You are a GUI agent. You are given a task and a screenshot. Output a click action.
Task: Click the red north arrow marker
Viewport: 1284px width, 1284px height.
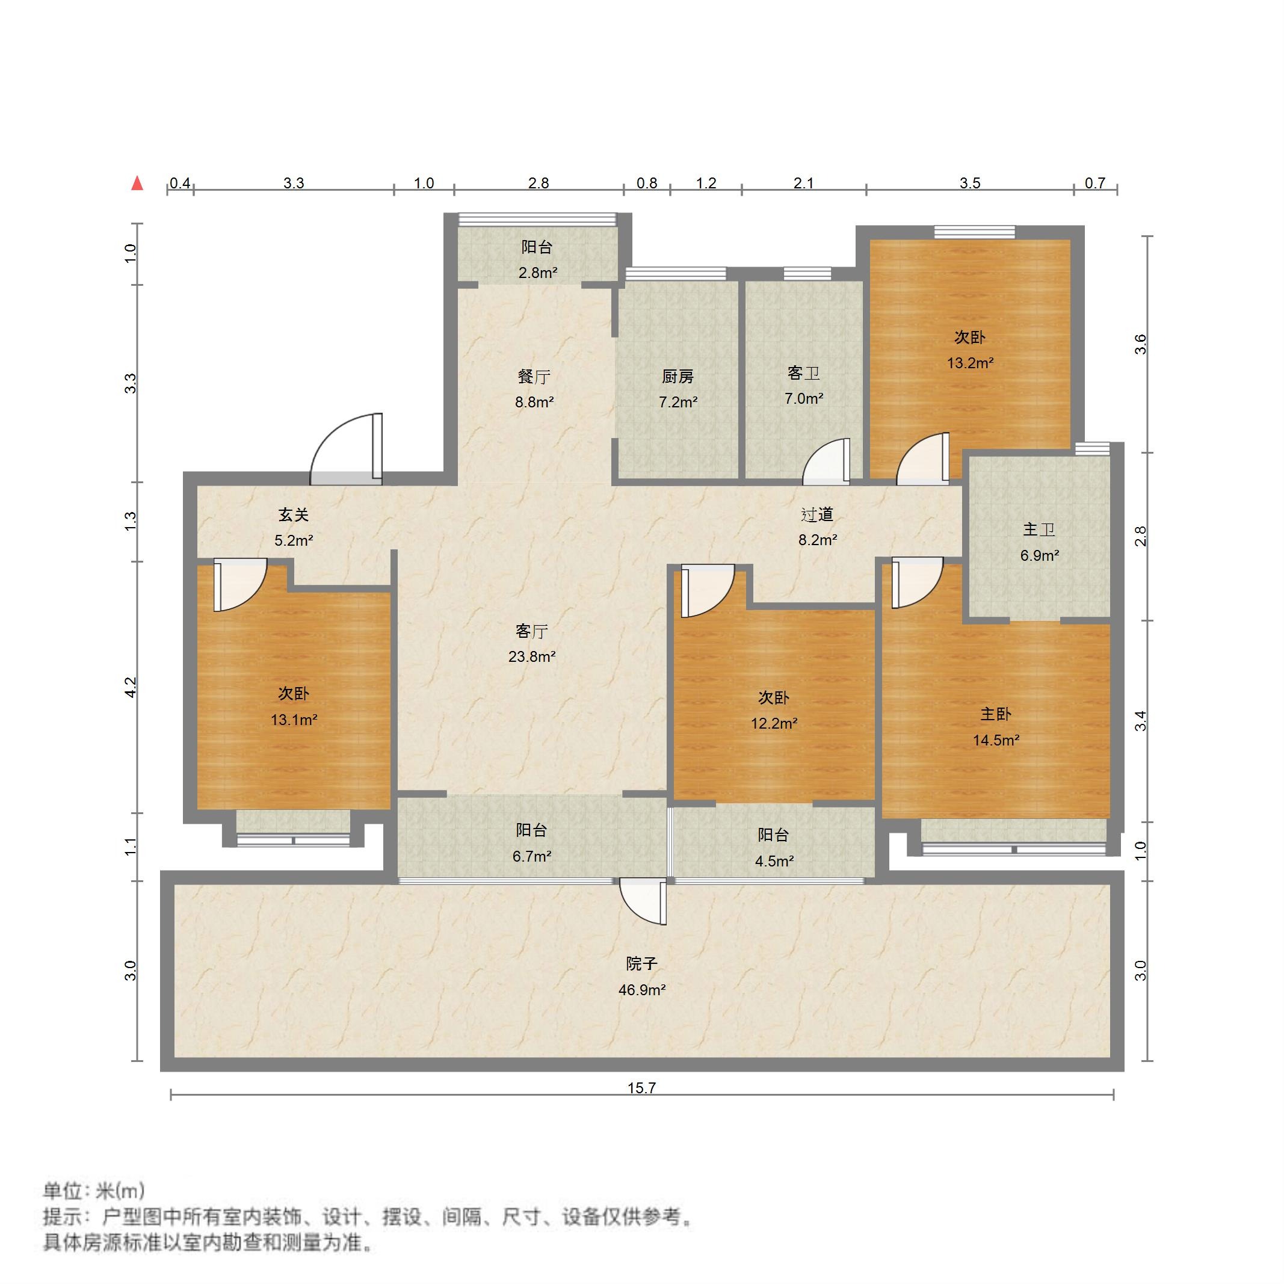pos(138,184)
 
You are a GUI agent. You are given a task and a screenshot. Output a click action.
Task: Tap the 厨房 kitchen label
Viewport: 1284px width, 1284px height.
pos(677,377)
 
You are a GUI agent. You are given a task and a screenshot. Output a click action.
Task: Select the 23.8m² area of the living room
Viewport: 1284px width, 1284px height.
pos(532,656)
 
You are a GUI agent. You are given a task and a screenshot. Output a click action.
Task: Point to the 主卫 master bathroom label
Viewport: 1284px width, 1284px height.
pos(1039,529)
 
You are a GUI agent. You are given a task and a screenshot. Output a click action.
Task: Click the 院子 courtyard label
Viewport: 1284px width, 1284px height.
pos(641,964)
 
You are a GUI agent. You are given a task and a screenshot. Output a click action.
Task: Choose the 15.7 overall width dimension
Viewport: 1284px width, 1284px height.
pos(641,1088)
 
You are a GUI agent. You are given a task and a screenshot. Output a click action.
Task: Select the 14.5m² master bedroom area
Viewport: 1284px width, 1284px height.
pos(996,740)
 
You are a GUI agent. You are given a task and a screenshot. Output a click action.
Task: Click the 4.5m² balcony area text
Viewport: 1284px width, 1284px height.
pos(774,862)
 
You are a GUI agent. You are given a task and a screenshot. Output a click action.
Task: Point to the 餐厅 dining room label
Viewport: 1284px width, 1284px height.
pos(534,377)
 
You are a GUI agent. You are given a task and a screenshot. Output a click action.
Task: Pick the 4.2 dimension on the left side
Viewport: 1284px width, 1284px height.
pos(132,687)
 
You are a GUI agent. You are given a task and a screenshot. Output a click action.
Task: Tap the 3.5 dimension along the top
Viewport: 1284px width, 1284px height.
pos(970,184)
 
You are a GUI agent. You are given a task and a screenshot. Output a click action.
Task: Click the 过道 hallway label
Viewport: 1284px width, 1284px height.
pos(816,514)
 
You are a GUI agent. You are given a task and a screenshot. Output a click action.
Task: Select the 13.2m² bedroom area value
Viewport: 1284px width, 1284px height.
pos(971,363)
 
